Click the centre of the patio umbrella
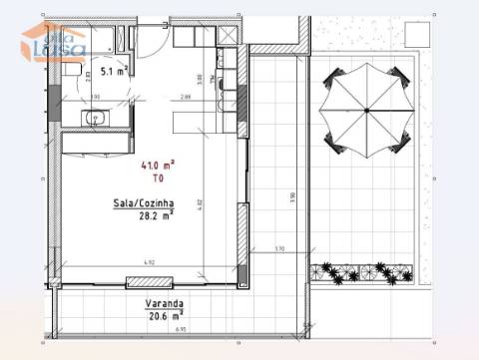click(x=366, y=109)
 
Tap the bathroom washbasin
click(x=99, y=121)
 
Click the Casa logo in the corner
click(x=55, y=42)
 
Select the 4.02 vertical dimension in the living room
click(x=199, y=204)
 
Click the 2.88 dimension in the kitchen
click(x=186, y=97)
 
